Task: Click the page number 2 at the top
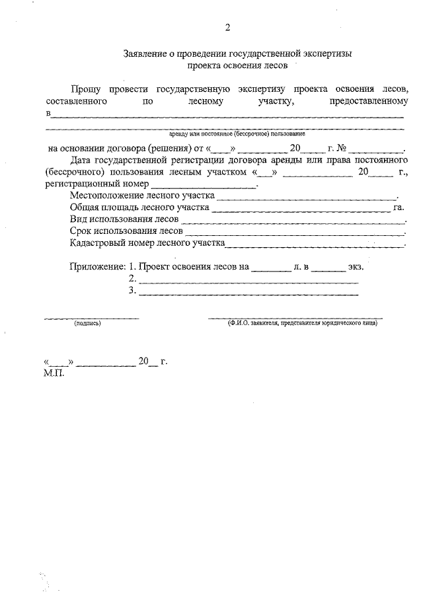(x=227, y=28)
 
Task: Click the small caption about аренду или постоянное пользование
(x=227, y=133)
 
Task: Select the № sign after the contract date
(x=342, y=148)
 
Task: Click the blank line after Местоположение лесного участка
(x=307, y=197)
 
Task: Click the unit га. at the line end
(x=399, y=207)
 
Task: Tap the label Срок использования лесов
(x=126, y=231)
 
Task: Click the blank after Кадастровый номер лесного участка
(x=315, y=245)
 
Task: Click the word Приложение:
(x=97, y=267)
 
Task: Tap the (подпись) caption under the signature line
(x=87, y=324)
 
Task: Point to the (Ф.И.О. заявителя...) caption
(x=301, y=324)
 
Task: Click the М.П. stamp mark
(x=53, y=373)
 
